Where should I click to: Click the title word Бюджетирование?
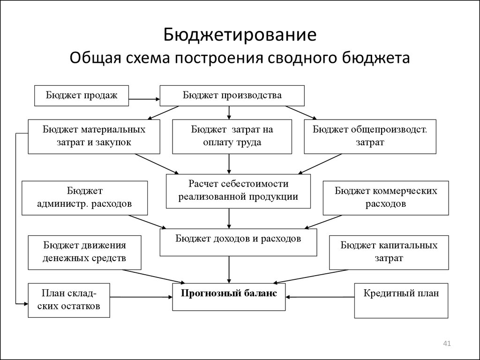(240, 35)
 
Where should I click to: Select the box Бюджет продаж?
(82, 96)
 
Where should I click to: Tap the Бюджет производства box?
(232, 96)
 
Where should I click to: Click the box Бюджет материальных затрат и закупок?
(94, 136)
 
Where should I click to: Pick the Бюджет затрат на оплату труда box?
(232, 136)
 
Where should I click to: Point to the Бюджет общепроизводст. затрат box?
(370, 136)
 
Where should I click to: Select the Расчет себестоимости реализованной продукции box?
(238, 191)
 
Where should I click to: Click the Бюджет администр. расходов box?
(84, 198)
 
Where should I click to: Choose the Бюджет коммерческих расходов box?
(386, 198)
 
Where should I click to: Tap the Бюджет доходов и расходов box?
(238, 242)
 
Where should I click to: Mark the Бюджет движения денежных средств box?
(84, 253)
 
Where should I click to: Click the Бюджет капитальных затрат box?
(389, 253)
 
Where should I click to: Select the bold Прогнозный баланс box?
(229, 297)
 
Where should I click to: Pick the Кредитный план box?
(401, 300)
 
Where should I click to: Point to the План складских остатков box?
(69, 300)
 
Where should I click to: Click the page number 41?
(447, 344)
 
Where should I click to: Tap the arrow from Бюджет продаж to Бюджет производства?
(144, 99)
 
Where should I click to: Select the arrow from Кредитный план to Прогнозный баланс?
(320, 297)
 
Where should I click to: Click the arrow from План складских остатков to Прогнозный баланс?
(141, 297)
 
